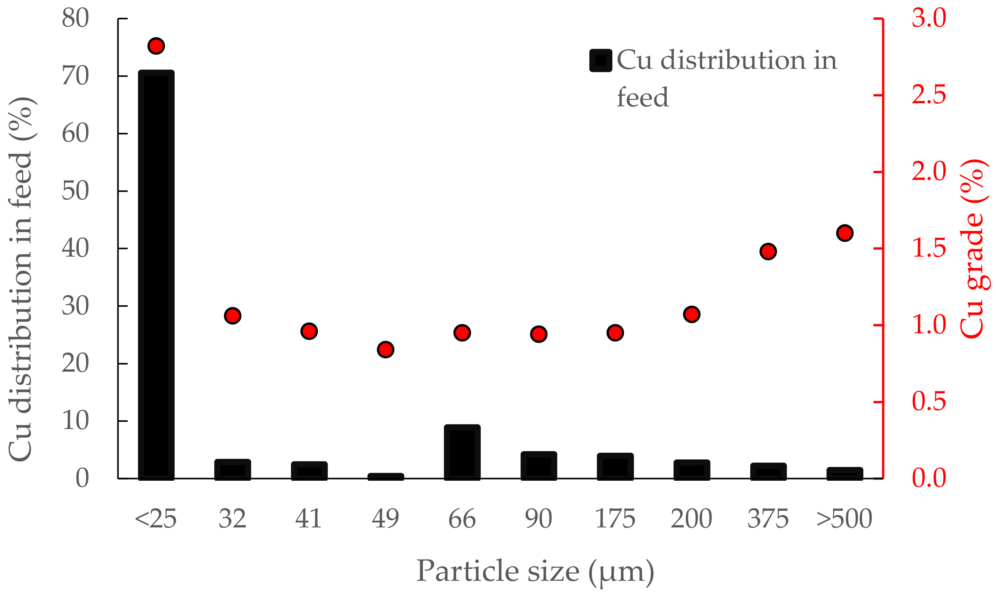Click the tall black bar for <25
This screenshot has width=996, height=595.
156,275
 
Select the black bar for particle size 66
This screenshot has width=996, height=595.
462,452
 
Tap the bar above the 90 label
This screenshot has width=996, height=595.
538,465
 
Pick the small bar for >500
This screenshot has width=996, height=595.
845,474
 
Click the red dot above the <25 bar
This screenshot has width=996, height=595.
156,46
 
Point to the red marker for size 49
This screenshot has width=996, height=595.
385,349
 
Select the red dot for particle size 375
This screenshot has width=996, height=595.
768,251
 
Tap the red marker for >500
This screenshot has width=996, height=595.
845,233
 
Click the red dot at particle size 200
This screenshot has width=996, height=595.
691,314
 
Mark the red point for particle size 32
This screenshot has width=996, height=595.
232,316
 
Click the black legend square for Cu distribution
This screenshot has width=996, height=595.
600,60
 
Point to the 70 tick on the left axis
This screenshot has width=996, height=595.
75,76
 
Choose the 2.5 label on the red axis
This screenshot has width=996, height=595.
929,95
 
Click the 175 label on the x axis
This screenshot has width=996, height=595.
615,519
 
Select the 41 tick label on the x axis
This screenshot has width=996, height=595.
309,519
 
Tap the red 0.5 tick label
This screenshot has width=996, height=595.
929,401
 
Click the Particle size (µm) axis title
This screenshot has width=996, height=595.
535,571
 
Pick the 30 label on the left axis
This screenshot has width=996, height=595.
75,306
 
